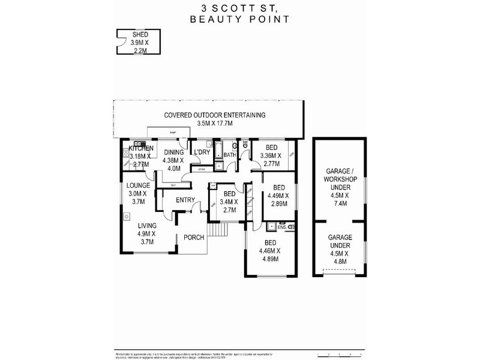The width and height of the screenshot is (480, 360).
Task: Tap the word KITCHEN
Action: pyautogui.click(x=141, y=148)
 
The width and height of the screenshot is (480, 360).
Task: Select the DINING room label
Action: pyautogui.click(x=173, y=152)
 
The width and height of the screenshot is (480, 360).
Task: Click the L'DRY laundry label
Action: pyautogui.click(x=201, y=152)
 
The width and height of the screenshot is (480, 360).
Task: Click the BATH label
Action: pyautogui.click(x=230, y=155)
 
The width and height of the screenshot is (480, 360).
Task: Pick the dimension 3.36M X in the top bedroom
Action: pyautogui.click(x=272, y=155)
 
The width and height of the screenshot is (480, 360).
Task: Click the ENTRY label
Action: pyautogui.click(x=186, y=200)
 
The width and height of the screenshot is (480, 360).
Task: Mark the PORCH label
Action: pyautogui.click(x=194, y=238)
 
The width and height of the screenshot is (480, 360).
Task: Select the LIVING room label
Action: pyautogui.click(x=146, y=226)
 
